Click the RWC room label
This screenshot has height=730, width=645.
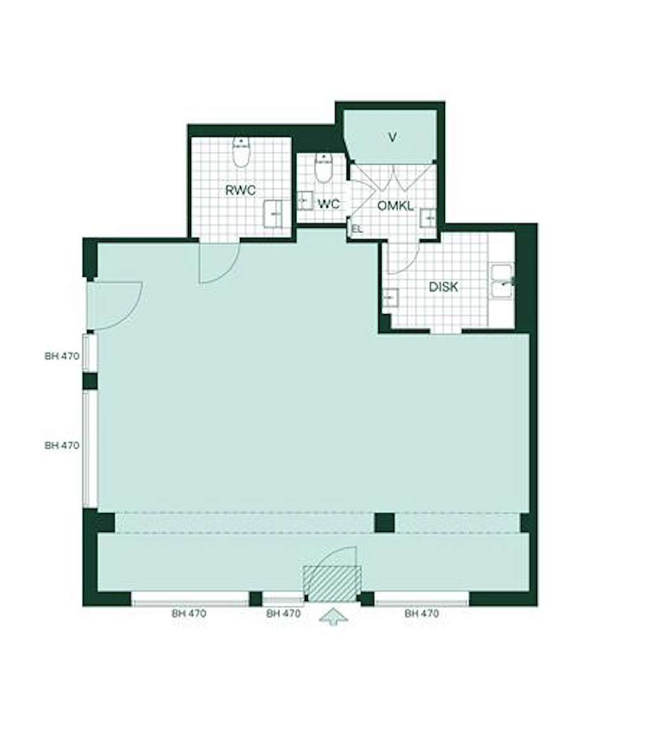(241, 190)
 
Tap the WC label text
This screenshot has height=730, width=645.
(329, 204)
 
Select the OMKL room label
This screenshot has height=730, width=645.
(396, 206)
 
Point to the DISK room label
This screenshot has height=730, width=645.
(443, 287)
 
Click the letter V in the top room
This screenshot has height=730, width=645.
(392, 137)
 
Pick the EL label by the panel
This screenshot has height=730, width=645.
(357, 229)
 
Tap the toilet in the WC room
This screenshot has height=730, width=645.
(323, 168)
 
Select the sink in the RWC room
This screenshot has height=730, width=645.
(273, 214)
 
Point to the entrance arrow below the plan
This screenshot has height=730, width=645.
(333, 618)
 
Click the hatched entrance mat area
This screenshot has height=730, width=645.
(332, 584)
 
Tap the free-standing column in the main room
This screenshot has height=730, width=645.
(385, 522)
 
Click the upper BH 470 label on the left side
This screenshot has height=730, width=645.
(62, 356)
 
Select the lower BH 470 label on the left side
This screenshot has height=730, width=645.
(62, 446)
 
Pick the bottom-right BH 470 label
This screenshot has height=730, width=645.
(422, 614)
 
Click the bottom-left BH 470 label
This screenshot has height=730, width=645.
(189, 614)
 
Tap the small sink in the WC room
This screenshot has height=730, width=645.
(305, 201)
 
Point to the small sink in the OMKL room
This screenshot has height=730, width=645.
(428, 218)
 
